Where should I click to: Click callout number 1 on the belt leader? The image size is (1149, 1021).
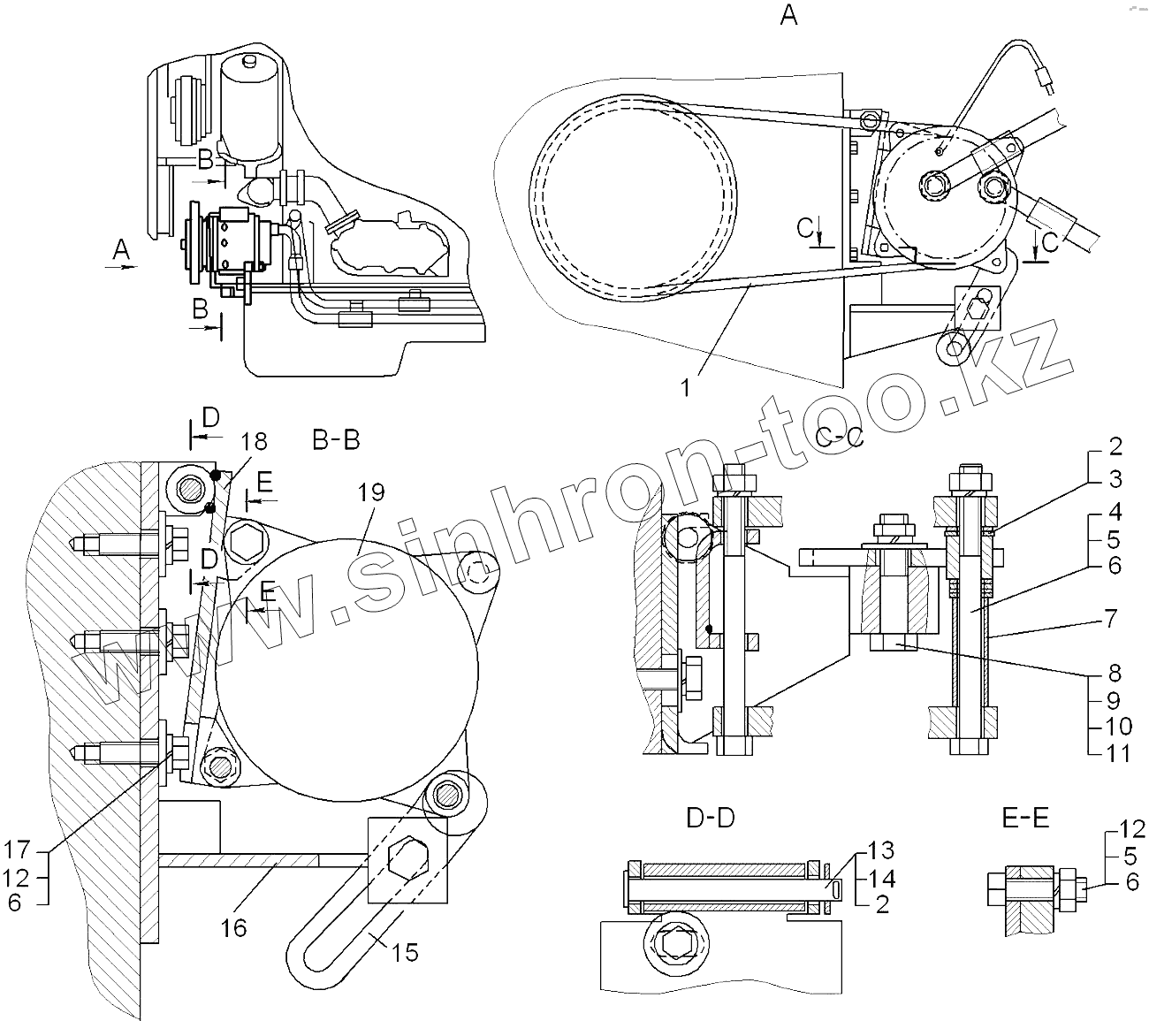point(688,386)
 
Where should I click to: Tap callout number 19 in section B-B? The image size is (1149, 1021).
point(371,491)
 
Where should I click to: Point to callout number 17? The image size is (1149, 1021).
point(18,851)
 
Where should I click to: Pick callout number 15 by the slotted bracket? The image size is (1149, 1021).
point(404,952)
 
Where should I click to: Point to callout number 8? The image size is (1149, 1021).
point(1114,673)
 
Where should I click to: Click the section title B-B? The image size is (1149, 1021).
point(336,439)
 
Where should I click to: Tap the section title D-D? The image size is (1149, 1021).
point(710,819)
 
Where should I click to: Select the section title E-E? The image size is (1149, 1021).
point(1025,819)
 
